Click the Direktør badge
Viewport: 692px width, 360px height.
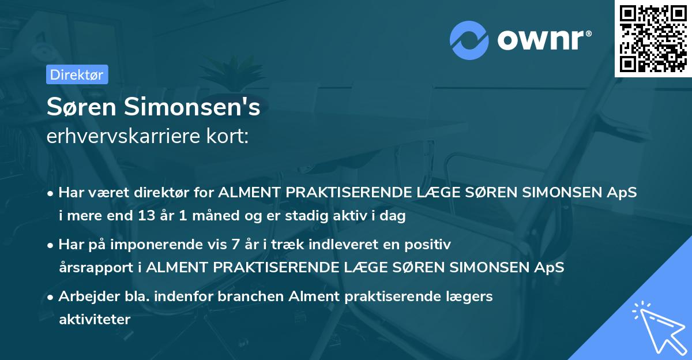77,74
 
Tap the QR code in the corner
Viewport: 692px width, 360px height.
653,38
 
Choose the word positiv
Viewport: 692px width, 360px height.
428,245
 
